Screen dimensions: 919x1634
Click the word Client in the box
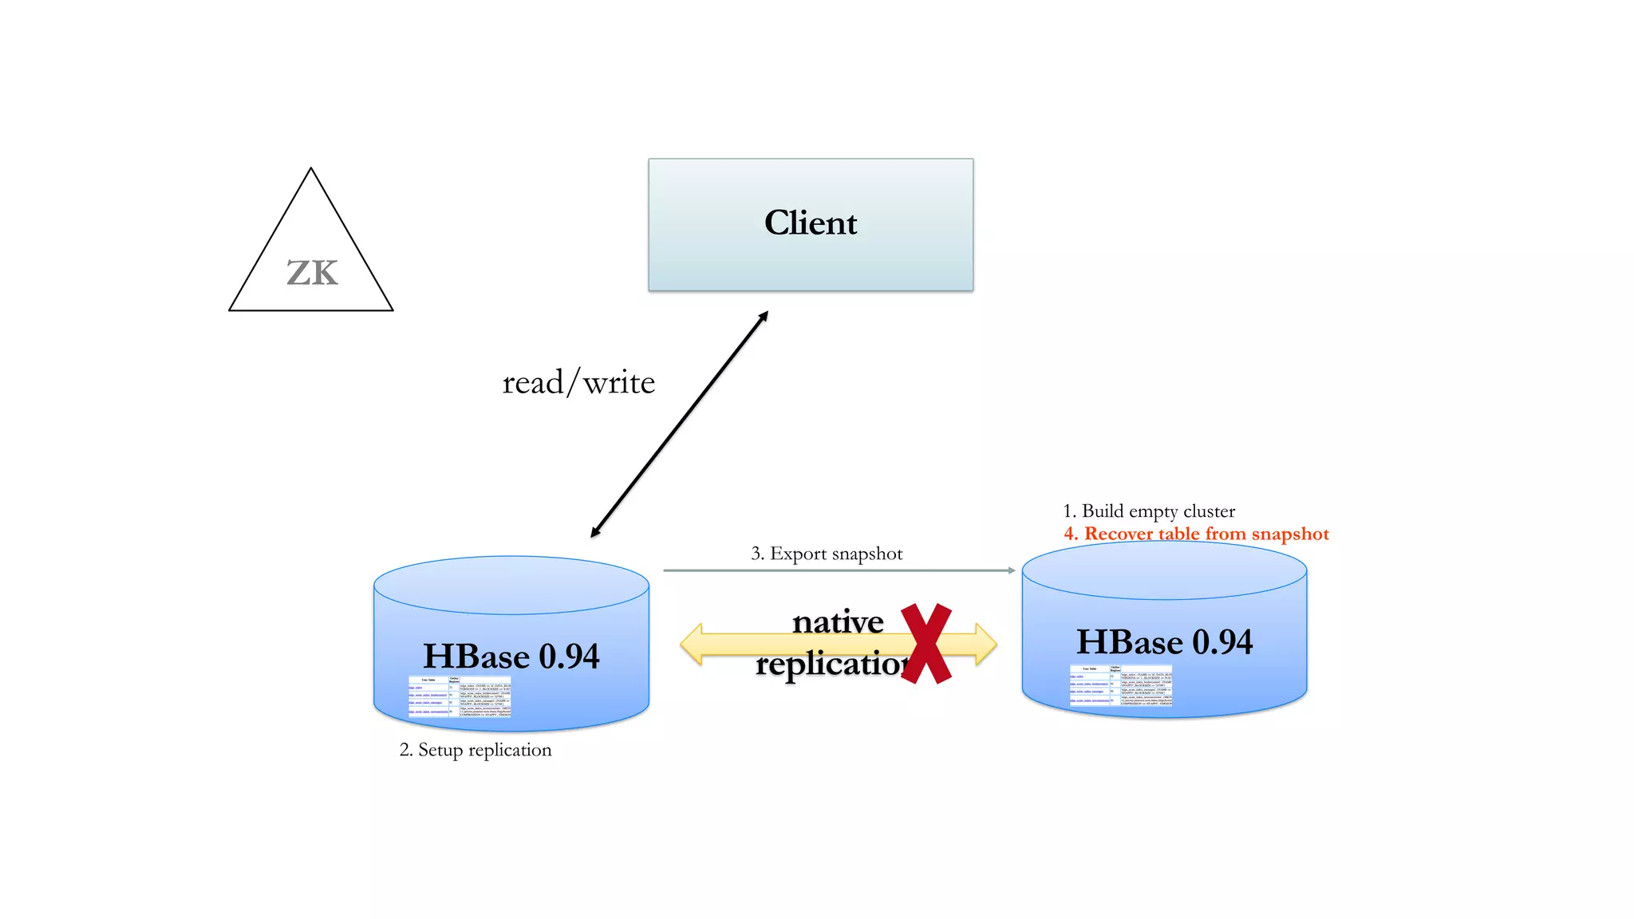point(811,223)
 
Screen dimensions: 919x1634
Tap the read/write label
point(578,383)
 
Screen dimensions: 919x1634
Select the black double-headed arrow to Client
point(680,424)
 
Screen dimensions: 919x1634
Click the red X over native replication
point(926,644)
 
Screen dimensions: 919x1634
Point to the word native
point(838,622)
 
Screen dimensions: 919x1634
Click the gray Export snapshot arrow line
point(838,570)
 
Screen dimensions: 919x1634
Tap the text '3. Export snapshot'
point(827,554)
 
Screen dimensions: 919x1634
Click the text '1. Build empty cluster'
point(1149,511)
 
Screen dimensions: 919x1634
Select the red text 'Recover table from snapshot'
point(1206,534)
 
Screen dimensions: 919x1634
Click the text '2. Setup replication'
point(476,750)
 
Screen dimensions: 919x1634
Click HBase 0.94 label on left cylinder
point(511,657)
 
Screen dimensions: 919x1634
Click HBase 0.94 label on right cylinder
point(1164,642)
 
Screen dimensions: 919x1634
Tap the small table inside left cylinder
point(460,696)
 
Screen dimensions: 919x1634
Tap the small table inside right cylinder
point(1121,685)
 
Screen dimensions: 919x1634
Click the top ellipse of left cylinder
point(511,585)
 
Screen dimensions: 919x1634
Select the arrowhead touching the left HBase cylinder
point(595,532)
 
